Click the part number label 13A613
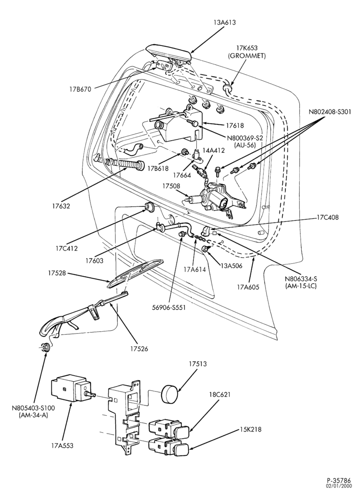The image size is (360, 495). tap(224, 22)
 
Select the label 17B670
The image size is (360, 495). tap(81, 89)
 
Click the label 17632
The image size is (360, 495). tap(61, 206)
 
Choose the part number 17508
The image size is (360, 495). tap(172, 186)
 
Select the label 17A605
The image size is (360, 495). tap(248, 287)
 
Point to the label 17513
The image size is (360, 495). tap(198, 364)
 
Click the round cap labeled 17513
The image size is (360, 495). tap(170, 393)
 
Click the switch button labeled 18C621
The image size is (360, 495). tap(169, 428)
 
